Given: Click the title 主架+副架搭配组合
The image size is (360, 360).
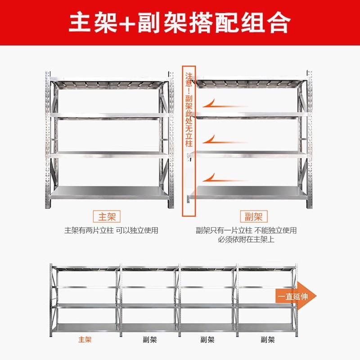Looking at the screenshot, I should coord(180,22).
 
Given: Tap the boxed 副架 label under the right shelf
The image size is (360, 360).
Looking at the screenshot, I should coord(252,216).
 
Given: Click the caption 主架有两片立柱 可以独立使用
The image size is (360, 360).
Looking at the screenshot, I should coord(111,230).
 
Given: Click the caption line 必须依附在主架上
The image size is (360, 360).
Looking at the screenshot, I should coord(246,239).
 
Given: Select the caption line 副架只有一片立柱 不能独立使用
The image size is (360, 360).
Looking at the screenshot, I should coord(246,230).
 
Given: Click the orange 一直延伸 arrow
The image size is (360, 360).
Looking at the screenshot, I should coord(295,296).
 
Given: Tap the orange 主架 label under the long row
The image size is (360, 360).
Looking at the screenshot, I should coord(85,340).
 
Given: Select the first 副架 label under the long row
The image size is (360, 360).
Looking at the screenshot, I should coord(144,340).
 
